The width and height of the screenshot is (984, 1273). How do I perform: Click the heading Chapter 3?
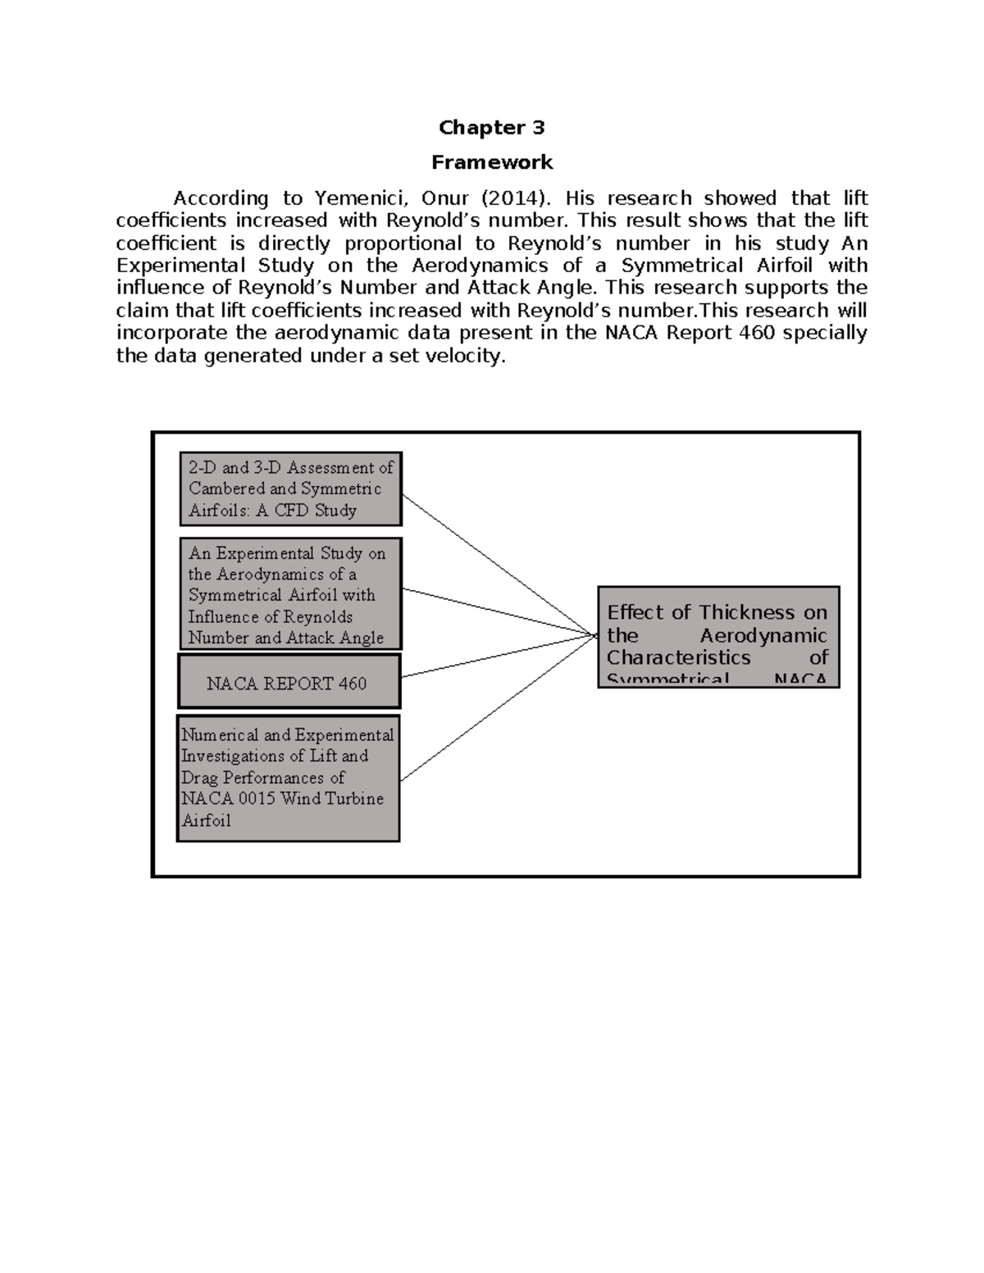(491, 127)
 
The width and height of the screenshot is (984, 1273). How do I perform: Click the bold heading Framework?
(492, 162)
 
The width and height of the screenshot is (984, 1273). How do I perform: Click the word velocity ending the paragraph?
(462, 356)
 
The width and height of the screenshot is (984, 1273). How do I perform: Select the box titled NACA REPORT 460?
(289, 681)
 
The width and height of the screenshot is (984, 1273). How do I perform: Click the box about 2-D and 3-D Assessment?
(290, 489)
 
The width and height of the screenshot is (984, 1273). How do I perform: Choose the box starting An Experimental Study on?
(290, 594)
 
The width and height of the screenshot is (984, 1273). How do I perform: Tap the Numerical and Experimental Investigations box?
(288, 777)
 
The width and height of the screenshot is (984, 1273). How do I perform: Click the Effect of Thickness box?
(718, 637)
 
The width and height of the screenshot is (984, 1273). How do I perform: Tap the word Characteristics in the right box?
(678, 657)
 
